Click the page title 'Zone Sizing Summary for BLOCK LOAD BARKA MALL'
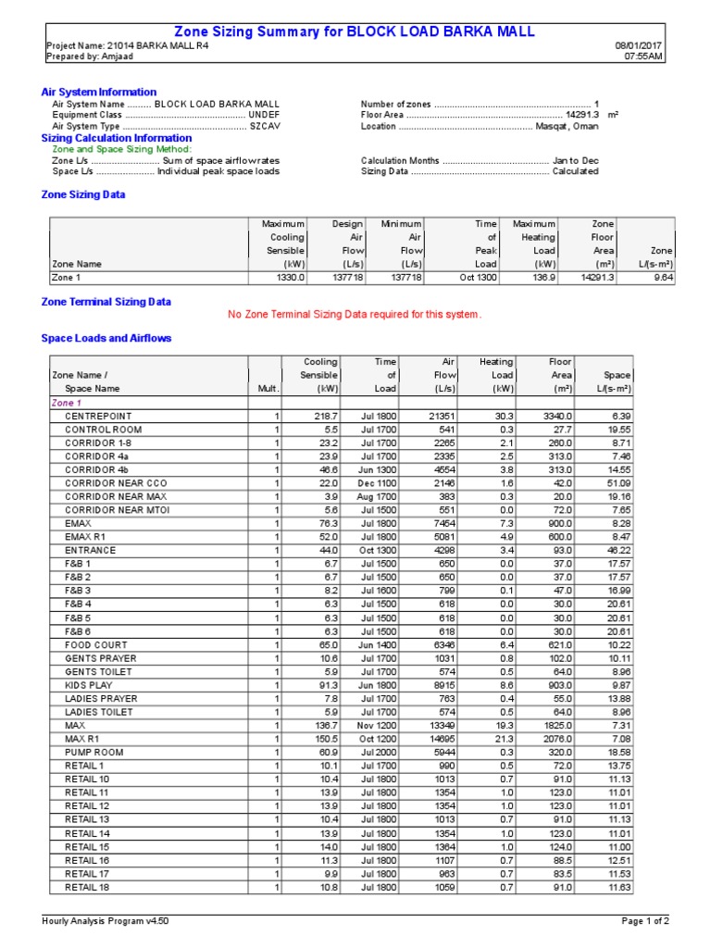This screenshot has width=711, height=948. (x=355, y=31)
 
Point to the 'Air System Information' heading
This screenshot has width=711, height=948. (x=99, y=92)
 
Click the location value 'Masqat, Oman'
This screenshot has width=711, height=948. (x=568, y=127)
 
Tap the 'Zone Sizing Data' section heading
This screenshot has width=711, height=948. (x=83, y=195)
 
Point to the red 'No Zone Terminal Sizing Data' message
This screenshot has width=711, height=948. (x=355, y=315)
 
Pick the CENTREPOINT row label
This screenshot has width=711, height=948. (x=98, y=417)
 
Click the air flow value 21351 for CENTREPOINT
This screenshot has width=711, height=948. (x=441, y=417)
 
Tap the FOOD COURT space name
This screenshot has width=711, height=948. (x=96, y=644)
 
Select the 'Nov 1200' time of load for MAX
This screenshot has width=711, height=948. (x=377, y=726)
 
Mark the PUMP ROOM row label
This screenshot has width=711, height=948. (x=94, y=753)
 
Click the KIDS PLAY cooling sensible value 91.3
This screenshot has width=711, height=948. (x=326, y=685)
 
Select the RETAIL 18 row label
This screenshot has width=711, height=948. (x=86, y=887)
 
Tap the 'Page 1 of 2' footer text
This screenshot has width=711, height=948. (x=645, y=921)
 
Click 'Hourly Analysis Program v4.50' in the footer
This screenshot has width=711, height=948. (x=106, y=921)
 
